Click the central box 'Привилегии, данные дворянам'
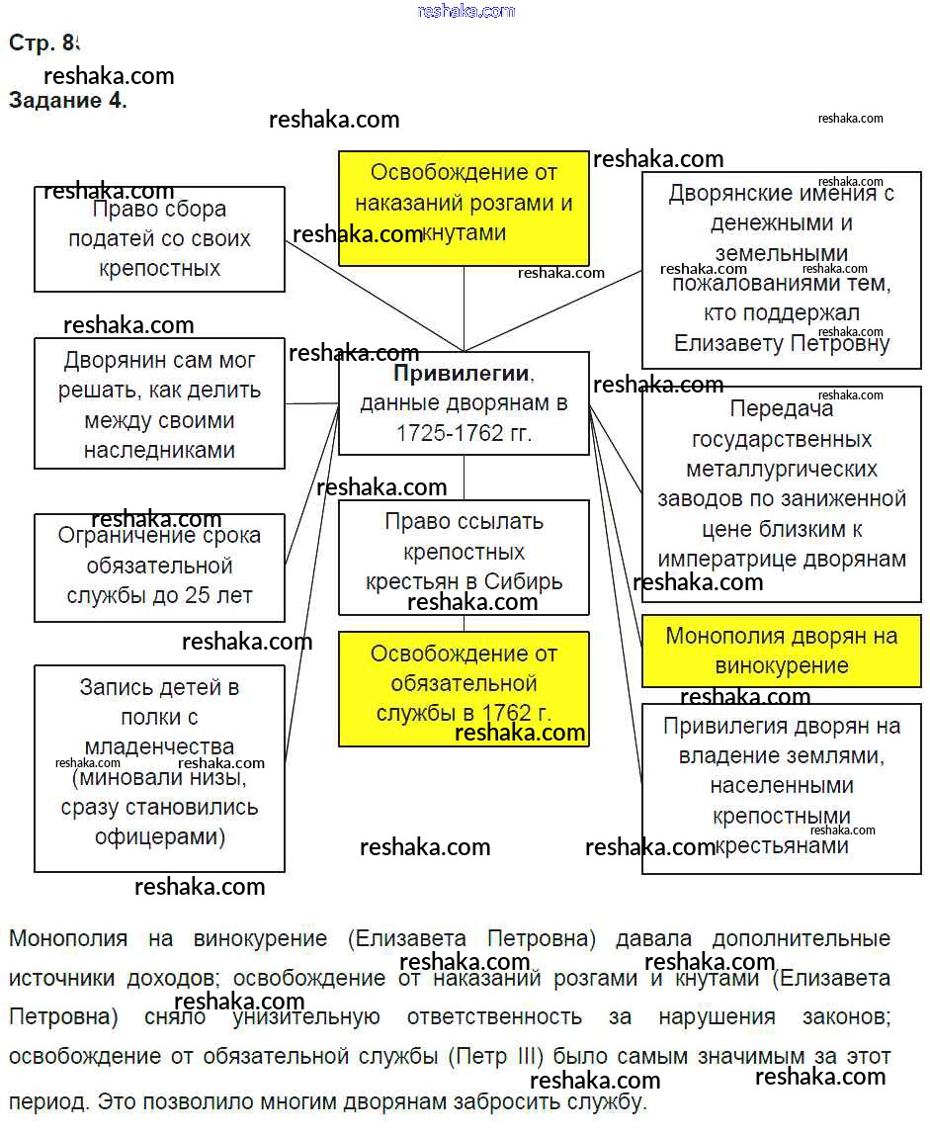(x=464, y=403)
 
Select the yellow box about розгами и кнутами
(x=464, y=208)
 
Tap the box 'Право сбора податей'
(x=159, y=239)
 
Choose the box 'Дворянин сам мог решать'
(x=159, y=404)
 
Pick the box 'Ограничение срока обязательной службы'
(x=159, y=568)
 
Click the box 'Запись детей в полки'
(x=159, y=768)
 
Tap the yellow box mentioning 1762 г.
(x=464, y=688)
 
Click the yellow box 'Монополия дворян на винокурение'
(x=781, y=651)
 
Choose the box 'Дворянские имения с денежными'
(x=781, y=270)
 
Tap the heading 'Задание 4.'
(x=67, y=100)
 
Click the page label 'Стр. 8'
(x=42, y=43)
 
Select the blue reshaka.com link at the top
(x=465, y=11)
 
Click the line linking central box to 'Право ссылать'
(x=464, y=478)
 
